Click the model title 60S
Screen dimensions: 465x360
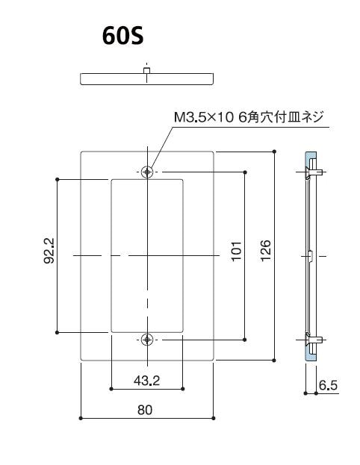123,37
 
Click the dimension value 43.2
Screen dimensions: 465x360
147,381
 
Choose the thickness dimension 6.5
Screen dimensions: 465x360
327,385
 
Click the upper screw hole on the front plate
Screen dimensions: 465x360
148,171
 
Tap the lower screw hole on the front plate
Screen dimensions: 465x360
148,340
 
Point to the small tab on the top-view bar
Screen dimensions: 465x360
148,71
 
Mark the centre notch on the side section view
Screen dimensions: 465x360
310,255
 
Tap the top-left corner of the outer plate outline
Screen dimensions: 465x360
81,152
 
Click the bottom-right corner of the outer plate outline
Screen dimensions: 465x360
214,361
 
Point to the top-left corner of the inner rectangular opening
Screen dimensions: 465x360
111,180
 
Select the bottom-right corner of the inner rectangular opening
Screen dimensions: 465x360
183,332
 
